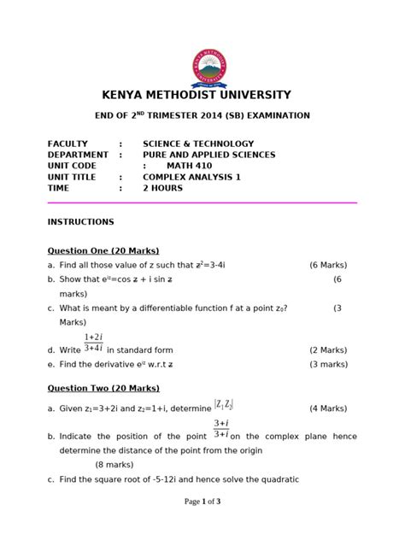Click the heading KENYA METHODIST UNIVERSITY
coord(202,95)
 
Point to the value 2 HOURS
coord(162,188)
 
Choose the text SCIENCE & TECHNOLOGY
coord(198,144)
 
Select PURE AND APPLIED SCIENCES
coord(208,155)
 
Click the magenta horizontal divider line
coord(202,202)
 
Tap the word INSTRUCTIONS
coord(81,221)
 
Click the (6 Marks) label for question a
coord(332,266)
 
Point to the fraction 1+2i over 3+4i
coord(94,343)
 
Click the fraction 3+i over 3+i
coord(220,428)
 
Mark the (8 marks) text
coord(120,464)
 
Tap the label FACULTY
coord(68,144)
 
